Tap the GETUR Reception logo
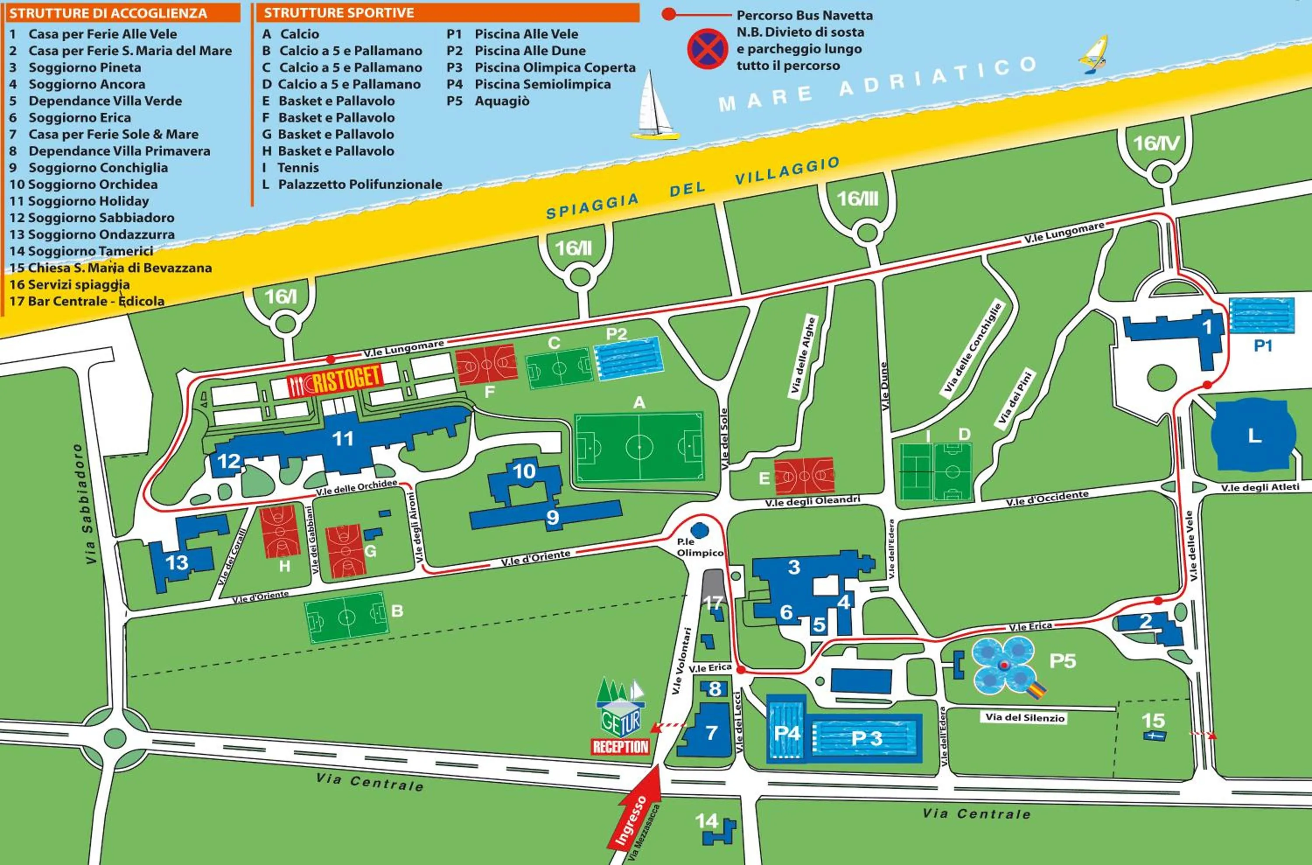(621, 717)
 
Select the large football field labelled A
(639, 447)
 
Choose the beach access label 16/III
(857, 199)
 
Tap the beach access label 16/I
(280, 297)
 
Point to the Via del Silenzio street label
(1025, 717)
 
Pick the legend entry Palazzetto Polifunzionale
(360, 184)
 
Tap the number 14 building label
(706, 821)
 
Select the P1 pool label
(1263, 346)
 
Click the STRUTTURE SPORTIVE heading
(338, 13)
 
